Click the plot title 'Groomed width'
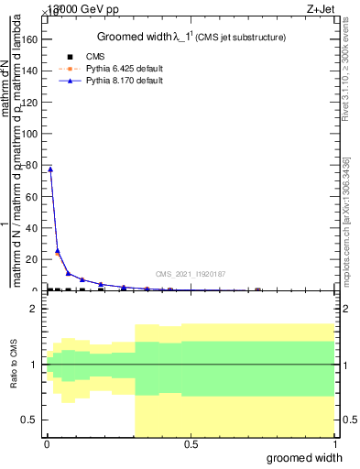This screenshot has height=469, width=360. click(135, 37)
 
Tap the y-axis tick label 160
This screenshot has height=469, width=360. click(31, 38)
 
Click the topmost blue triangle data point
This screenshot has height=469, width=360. click(50, 169)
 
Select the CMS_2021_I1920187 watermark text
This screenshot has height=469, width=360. click(191, 274)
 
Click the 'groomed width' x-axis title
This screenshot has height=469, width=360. click(305, 457)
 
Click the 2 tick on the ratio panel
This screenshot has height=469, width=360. click(34, 310)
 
